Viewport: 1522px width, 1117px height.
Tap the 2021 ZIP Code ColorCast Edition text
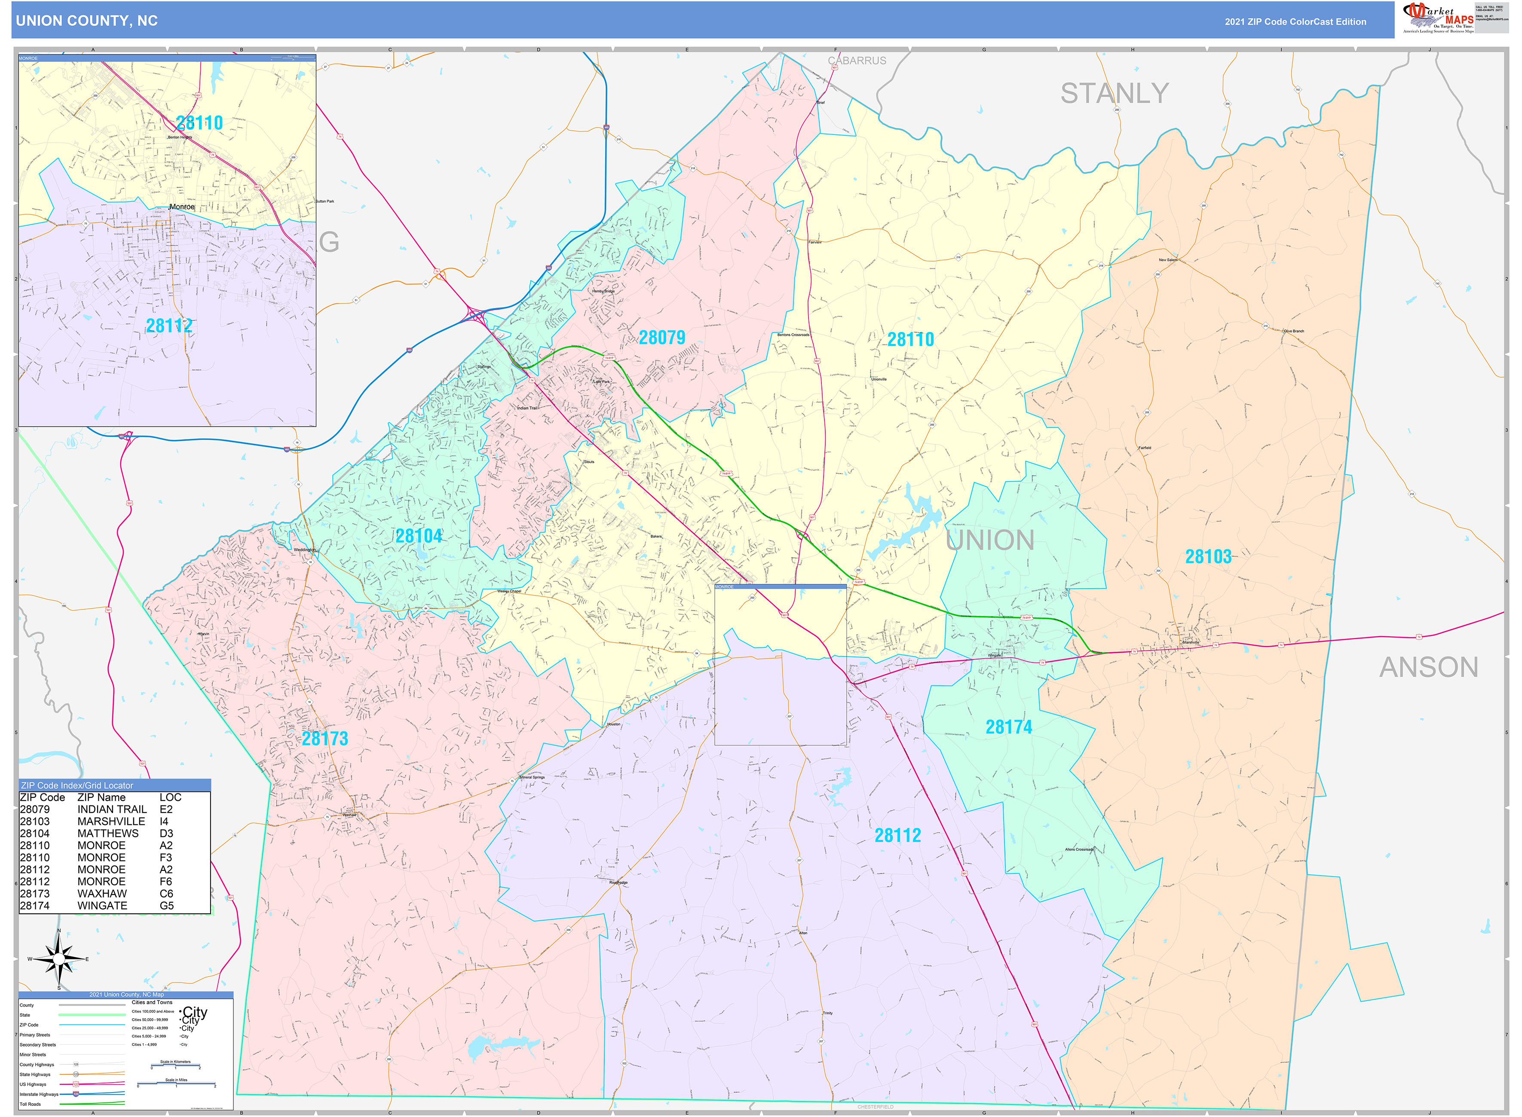[x=1295, y=21]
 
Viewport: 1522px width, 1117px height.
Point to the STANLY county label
[x=1114, y=93]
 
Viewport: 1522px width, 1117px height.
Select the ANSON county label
[x=1429, y=667]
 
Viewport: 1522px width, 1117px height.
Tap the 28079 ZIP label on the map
[x=661, y=337]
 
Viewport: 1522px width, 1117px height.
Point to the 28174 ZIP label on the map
[x=1009, y=727]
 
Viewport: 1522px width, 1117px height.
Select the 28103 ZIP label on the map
[x=1208, y=556]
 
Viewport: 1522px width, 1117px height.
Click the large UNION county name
[x=989, y=540]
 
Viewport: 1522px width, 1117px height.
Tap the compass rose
[x=59, y=959]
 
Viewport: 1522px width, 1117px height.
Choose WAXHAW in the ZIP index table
[x=101, y=893]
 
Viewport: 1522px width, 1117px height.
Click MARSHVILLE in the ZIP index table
[x=111, y=821]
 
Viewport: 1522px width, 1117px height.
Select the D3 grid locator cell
[x=166, y=833]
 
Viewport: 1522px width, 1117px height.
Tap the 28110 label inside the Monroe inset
[x=199, y=123]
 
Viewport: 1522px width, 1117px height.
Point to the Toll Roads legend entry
[x=31, y=1104]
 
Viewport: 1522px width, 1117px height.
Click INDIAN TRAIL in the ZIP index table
[x=112, y=809]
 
